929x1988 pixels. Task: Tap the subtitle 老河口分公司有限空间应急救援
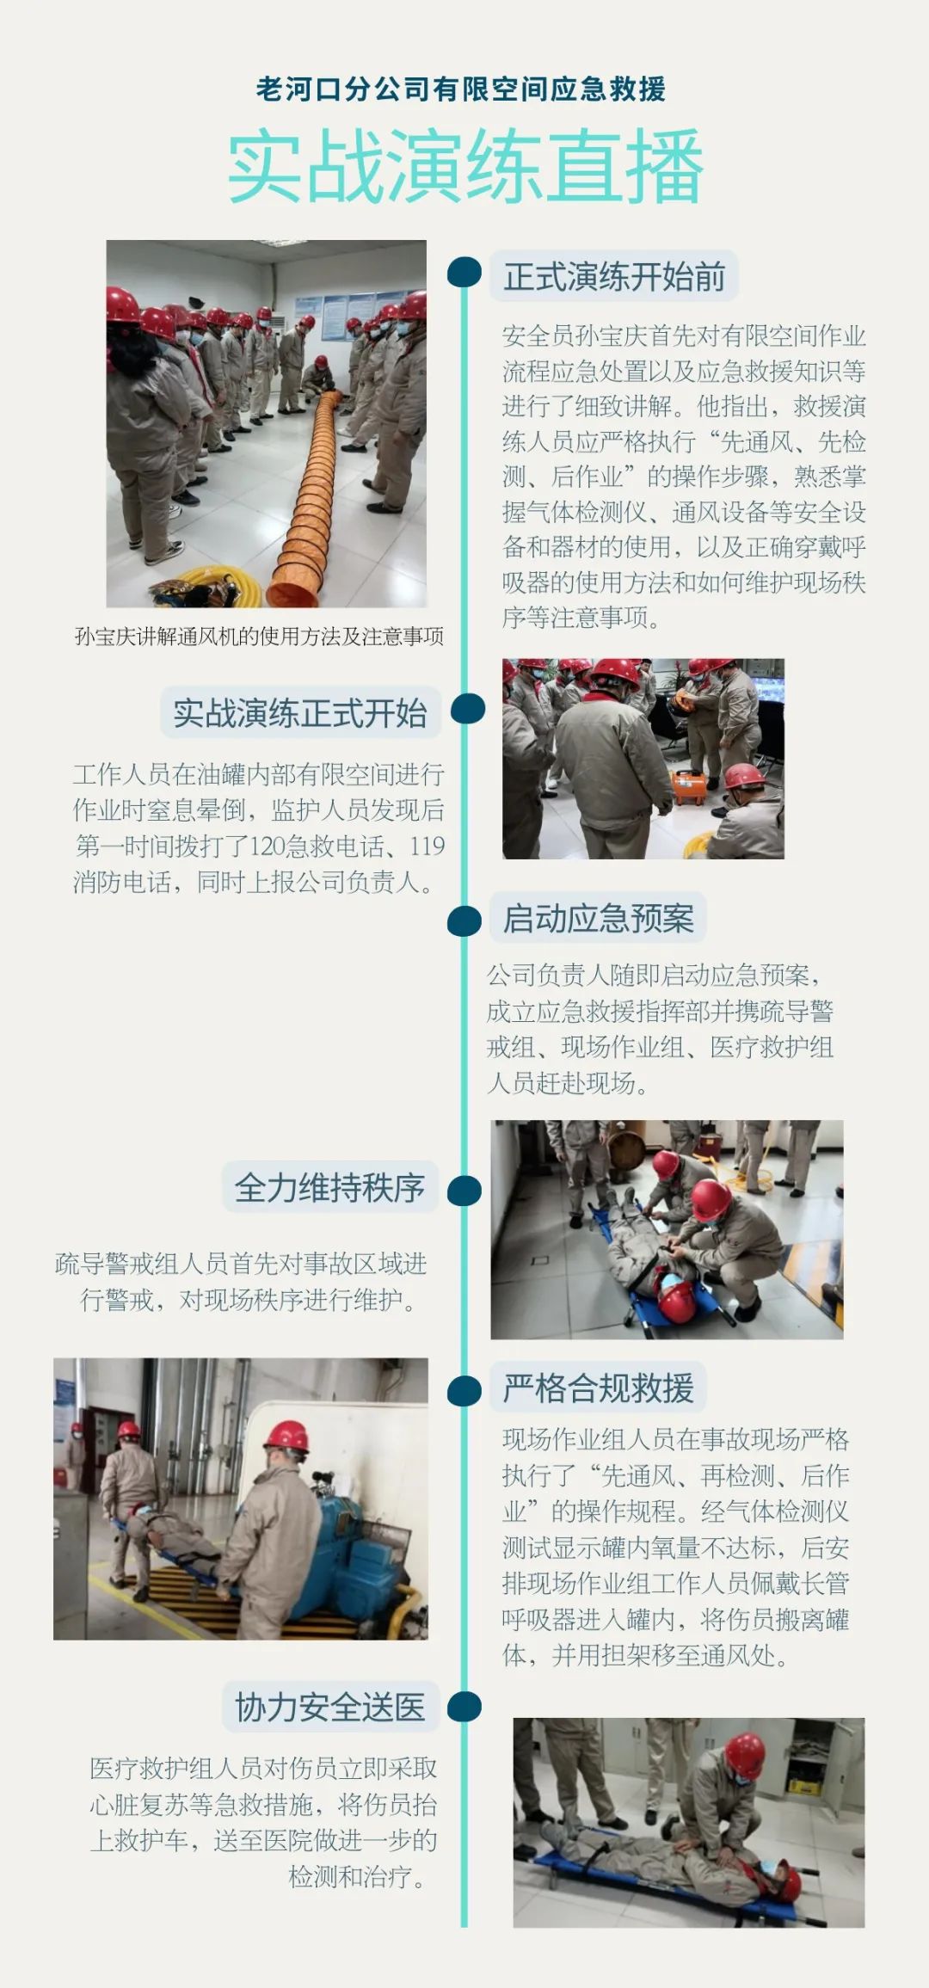[x=461, y=89]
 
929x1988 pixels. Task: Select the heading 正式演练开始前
[x=614, y=277]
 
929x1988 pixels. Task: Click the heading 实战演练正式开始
[x=300, y=713]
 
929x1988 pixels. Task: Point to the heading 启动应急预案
[x=598, y=918]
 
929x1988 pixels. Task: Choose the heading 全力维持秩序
[x=330, y=1188]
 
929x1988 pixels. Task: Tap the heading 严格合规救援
[x=598, y=1388]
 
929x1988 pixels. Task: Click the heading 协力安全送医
[x=330, y=1707]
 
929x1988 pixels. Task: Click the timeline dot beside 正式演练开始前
[x=464, y=272]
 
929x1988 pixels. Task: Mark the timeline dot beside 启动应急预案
[x=464, y=920]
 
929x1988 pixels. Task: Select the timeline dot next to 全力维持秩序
[x=464, y=1191]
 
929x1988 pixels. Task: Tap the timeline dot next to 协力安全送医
[x=464, y=1706]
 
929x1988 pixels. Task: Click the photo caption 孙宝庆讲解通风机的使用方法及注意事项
[x=259, y=637]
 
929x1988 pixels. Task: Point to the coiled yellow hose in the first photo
[x=215, y=585]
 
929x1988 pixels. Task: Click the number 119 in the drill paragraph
[x=427, y=846]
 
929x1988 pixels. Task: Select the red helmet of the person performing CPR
[x=744, y=1753]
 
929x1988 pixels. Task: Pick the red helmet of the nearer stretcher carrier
[x=286, y=1437]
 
